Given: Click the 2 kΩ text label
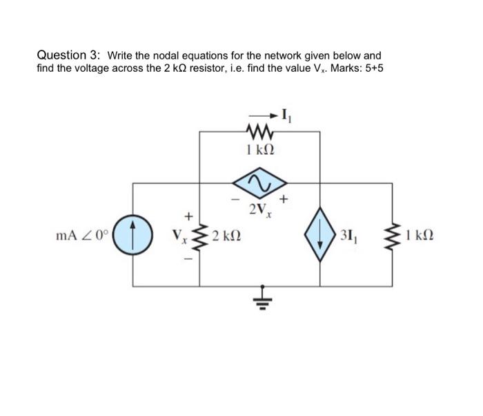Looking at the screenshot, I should coord(226,236).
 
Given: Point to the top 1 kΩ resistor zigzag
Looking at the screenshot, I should coord(259,131).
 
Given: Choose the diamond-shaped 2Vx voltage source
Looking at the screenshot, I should coord(259,182).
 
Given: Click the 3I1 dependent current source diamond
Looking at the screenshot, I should coord(320,236).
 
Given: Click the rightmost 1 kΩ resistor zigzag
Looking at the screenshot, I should coord(395,236).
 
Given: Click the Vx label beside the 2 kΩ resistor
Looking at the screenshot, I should coord(182,236).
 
